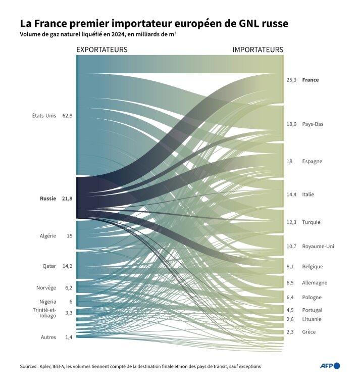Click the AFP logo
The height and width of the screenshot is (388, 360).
coord(330,366)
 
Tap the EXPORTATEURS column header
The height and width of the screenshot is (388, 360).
coord(101,50)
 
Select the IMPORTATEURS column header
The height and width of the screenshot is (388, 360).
coord(258,50)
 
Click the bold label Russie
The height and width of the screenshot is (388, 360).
coord(48,199)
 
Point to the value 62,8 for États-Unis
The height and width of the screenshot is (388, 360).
coord(68,116)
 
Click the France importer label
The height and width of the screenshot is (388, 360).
coord(310,80)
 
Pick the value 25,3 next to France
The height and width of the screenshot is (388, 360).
coord(291,80)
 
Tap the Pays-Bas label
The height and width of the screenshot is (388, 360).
coord(313,124)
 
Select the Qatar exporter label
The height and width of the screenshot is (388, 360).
coord(49,266)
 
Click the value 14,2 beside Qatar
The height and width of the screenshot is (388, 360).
coord(68,266)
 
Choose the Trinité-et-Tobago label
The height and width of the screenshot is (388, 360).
coord(44,313)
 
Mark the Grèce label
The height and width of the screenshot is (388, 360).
coord(310,332)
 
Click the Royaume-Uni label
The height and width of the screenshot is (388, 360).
coord(318,247)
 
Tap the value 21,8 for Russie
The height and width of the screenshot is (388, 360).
coord(68,199)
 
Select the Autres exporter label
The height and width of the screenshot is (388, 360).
coord(48,337)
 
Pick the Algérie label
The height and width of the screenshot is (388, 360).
coord(48,236)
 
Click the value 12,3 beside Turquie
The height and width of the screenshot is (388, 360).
coord(291,222)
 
